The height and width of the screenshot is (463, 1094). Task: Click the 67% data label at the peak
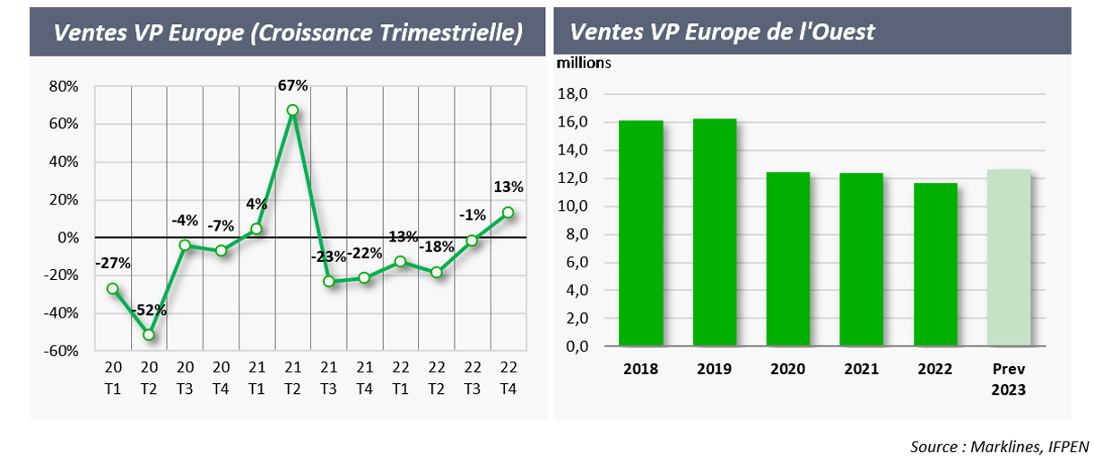(293, 86)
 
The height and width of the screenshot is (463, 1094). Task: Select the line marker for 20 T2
(149, 335)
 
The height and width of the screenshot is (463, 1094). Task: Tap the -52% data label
(150, 310)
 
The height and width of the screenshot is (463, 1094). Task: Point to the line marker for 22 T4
(508, 213)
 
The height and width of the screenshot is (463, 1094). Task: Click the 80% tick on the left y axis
(65, 87)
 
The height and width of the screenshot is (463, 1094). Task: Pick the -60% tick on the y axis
(63, 351)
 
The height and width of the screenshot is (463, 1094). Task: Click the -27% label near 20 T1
(112, 264)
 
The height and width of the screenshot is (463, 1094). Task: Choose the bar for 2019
(715, 232)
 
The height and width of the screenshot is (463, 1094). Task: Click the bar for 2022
(935, 265)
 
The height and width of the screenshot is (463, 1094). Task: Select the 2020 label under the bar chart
(787, 369)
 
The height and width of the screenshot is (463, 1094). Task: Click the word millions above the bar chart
(583, 63)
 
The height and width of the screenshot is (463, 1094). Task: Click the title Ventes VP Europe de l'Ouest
(722, 32)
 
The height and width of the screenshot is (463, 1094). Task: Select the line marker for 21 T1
(256, 230)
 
